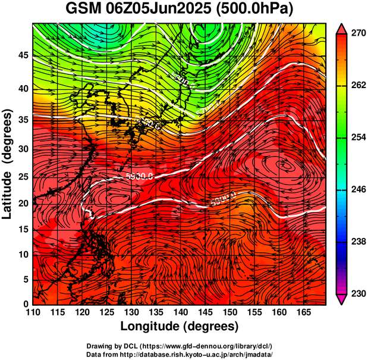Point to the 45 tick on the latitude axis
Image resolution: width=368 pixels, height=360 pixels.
tap(22, 55)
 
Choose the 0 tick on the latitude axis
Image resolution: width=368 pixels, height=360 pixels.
tap(25, 303)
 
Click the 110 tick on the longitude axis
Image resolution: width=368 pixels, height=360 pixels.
tap(33, 312)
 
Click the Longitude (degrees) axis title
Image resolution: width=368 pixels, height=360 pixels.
tap(180, 326)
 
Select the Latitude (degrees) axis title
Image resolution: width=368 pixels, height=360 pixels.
tap(8, 164)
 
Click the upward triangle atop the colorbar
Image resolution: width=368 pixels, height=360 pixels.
tap(342, 28)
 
